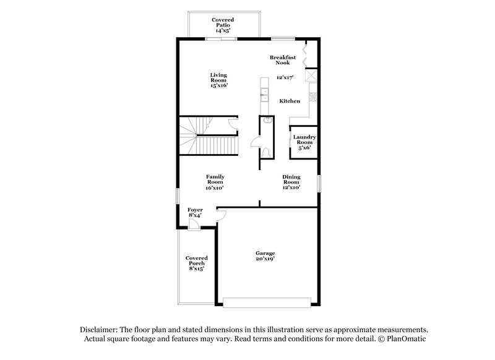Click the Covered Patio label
[x=222, y=23]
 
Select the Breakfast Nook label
[x=283, y=60]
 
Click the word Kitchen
[x=290, y=101]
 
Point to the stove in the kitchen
[x=313, y=96]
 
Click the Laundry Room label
[x=304, y=140]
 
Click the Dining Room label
[x=291, y=179]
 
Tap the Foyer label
[x=195, y=213]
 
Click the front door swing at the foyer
[x=194, y=225]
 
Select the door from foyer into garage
[x=221, y=215]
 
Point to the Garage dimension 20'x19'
[x=265, y=260]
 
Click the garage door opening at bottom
[x=267, y=303]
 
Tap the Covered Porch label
[x=196, y=263]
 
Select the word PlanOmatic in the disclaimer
[x=406, y=339]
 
